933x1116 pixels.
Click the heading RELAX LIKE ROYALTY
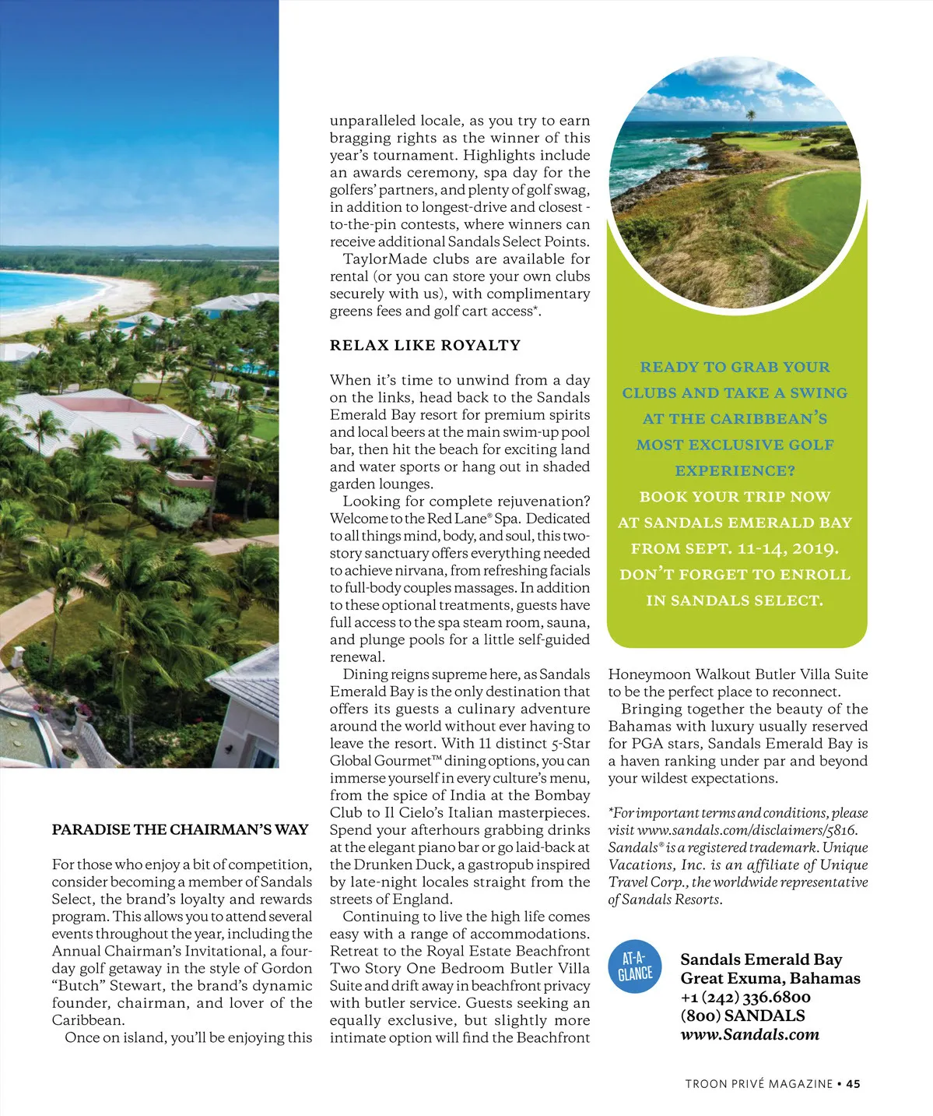(425, 345)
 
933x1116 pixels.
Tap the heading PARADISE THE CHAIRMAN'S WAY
(181, 829)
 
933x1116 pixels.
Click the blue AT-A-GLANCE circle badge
(636, 966)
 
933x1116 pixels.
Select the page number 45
(854, 1083)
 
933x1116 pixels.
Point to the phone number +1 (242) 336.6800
(745, 997)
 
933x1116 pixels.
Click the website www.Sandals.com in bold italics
(749, 1034)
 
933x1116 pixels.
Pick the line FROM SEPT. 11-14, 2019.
(735, 548)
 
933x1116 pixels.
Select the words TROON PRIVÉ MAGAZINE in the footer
(759, 1083)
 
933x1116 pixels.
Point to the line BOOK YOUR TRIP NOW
(735, 497)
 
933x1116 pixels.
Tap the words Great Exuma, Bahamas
(770, 978)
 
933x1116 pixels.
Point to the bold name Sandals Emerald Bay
(761, 959)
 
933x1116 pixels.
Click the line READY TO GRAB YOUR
(735, 367)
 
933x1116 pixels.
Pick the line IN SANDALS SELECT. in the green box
(735, 600)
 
